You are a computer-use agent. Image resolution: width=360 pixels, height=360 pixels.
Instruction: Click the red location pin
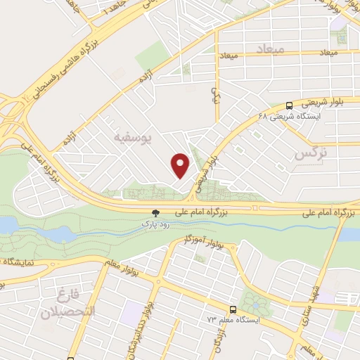181,165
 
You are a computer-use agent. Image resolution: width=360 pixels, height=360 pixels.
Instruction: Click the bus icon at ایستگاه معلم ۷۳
232,308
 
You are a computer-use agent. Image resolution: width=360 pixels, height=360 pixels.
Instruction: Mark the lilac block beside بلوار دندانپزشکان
132,310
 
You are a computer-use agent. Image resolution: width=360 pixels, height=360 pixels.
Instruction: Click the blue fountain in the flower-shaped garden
254,304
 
